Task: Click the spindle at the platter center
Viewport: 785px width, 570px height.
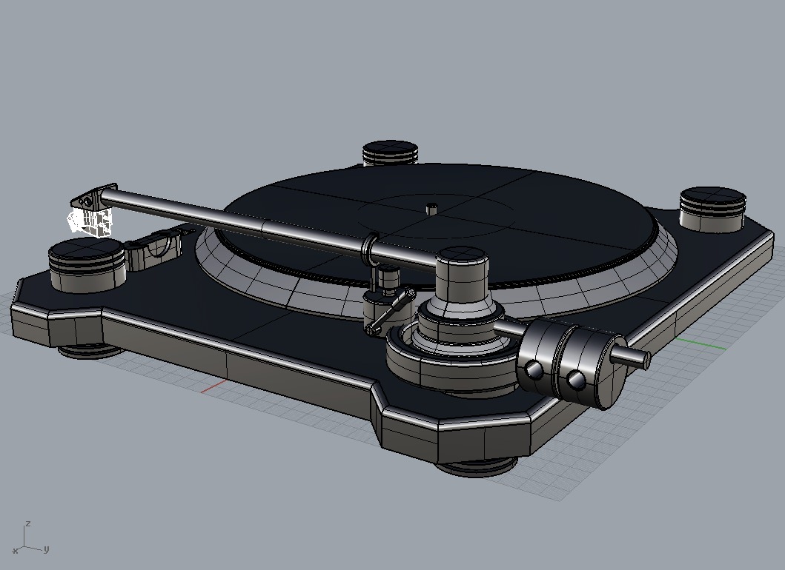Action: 430,207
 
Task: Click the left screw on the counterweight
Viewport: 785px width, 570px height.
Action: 535,370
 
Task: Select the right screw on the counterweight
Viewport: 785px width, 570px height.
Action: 576,380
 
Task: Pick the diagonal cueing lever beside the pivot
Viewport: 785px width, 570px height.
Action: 390,311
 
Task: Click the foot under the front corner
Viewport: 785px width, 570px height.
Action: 474,466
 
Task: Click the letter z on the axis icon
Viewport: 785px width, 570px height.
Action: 27,522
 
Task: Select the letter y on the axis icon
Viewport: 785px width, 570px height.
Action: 46,549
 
